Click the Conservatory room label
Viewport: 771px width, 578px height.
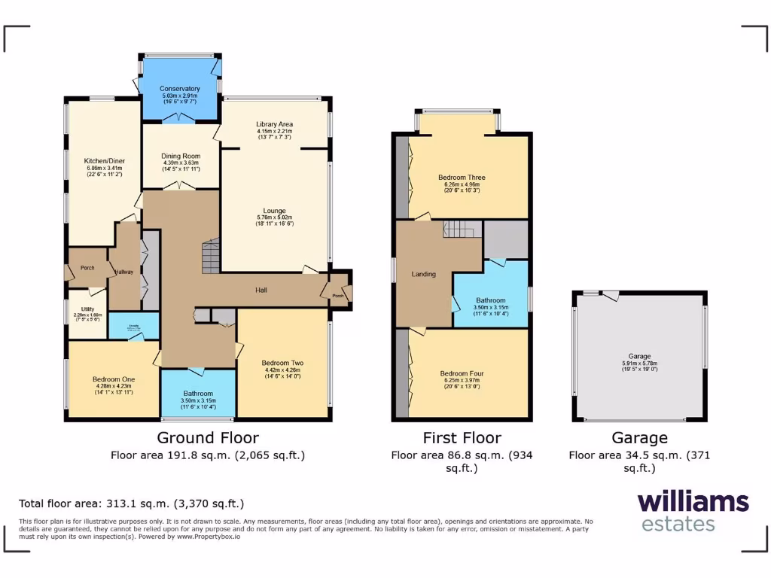click(x=180, y=89)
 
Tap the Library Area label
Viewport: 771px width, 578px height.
click(x=274, y=123)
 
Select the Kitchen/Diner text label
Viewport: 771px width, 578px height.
click(x=104, y=160)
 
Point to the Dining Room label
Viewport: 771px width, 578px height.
click(x=180, y=156)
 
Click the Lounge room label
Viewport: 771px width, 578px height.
click(x=274, y=211)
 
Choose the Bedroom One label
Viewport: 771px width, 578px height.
click(x=114, y=379)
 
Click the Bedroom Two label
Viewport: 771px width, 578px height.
click(x=282, y=362)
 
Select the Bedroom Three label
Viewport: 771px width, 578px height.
click(x=462, y=178)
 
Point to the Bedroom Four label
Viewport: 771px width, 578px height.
click(x=462, y=373)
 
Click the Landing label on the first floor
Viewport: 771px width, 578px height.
click(x=423, y=274)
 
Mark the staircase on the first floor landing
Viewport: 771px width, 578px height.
click(x=461, y=229)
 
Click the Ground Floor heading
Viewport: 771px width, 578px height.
click(x=207, y=438)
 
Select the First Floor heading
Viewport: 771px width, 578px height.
click(x=462, y=438)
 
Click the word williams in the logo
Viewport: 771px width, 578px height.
click(x=693, y=502)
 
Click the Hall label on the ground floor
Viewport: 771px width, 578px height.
click(x=261, y=290)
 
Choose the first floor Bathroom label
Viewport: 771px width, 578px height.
click(x=490, y=300)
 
